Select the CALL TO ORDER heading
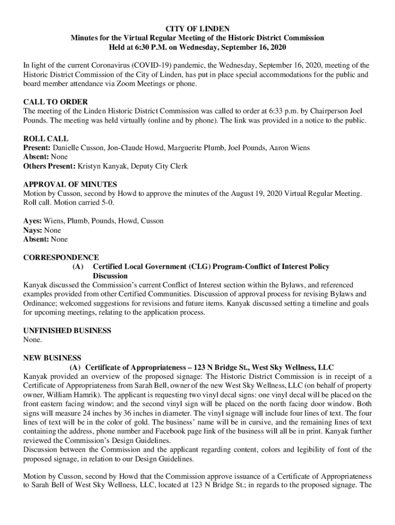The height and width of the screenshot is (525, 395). [x=55, y=102]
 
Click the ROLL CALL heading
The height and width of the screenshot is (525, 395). [x=46, y=139]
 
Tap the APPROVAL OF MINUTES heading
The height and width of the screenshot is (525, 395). [x=70, y=185]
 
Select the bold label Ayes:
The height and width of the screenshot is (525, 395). [x=32, y=221]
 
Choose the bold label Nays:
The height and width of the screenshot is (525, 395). [x=33, y=230]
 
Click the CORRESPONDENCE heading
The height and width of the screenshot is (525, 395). [x=61, y=257]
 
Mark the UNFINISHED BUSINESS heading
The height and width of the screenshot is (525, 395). [x=67, y=331]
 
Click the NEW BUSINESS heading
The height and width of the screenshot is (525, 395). [x=52, y=358]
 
